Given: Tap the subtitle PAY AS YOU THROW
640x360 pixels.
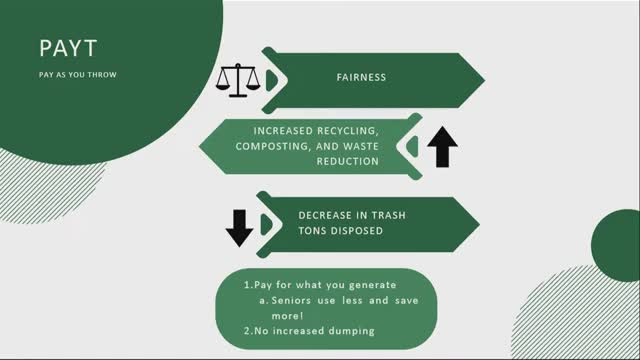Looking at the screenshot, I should click(76, 73).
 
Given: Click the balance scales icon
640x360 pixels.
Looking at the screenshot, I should click(236, 80).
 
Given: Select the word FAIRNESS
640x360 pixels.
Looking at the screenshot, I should click(361, 76).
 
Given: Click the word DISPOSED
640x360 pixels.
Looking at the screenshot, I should click(359, 230).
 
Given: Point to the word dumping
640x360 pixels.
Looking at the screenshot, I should click(353, 330).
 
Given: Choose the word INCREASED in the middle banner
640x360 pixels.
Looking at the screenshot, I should click(288, 131).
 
